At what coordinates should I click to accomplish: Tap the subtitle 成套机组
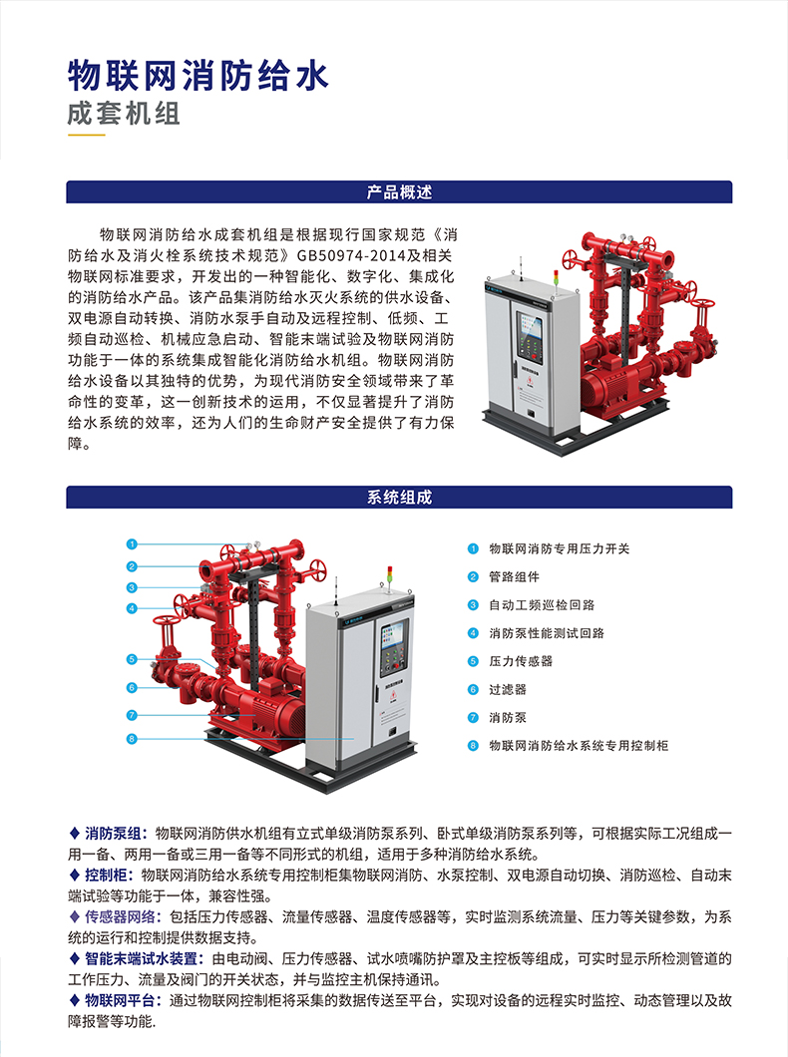pos(124,113)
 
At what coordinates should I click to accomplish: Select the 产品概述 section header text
pos(399,192)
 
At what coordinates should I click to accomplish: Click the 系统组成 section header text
pos(399,498)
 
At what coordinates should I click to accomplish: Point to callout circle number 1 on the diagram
pos(132,544)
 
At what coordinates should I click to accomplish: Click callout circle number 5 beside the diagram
pos(132,659)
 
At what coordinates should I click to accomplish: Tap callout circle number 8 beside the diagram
pos(132,739)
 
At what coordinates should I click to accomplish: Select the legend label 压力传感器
pos(521,661)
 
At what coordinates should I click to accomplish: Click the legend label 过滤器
pos(508,690)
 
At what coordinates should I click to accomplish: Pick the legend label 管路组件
pos(514,577)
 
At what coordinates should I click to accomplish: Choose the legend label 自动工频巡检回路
pos(542,605)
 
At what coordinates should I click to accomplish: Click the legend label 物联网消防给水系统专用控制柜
pos(579,746)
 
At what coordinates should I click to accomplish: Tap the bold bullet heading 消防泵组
pos(112,834)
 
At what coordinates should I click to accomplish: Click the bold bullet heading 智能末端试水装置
pos(141,958)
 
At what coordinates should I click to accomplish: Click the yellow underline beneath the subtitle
pos(87,135)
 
